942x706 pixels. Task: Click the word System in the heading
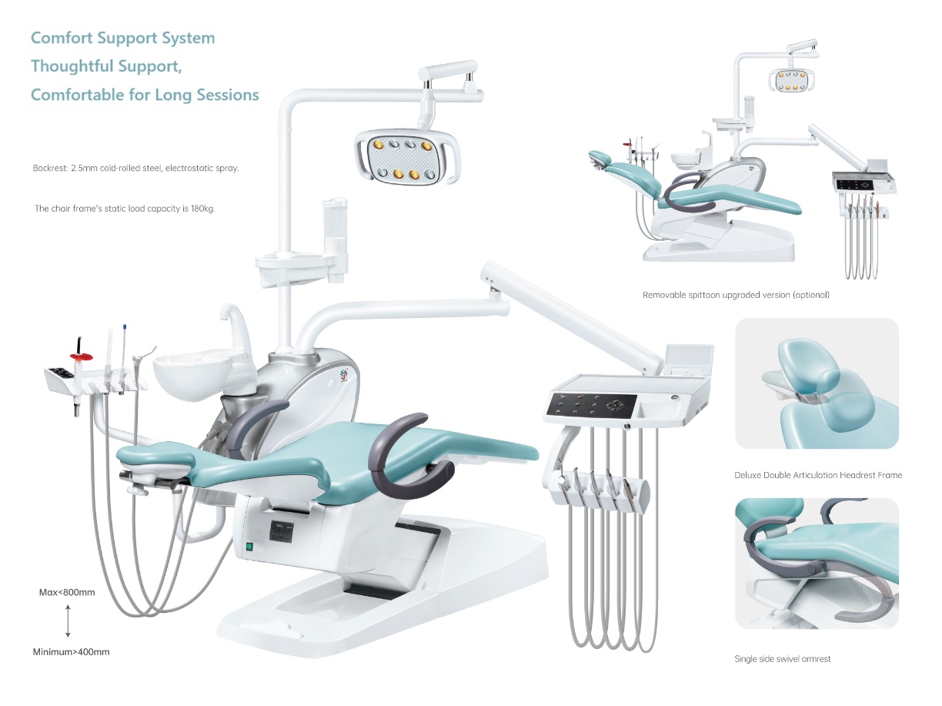click(x=188, y=38)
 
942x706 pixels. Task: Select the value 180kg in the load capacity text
click(x=202, y=209)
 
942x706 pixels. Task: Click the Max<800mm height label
click(x=67, y=592)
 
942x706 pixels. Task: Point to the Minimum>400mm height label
click(x=72, y=652)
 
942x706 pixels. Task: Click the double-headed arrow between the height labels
click(x=68, y=621)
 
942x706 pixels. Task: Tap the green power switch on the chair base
click(x=249, y=547)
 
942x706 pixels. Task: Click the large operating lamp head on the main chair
click(x=407, y=157)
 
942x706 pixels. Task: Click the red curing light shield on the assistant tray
click(x=82, y=356)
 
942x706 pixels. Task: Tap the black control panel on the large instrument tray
click(x=592, y=405)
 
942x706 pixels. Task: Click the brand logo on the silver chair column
click(x=344, y=375)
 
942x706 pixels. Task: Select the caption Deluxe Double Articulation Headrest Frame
click(x=818, y=475)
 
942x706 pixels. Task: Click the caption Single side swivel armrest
click(x=783, y=659)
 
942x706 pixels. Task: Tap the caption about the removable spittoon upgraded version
click(x=736, y=295)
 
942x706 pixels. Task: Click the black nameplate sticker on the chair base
click(x=281, y=532)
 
